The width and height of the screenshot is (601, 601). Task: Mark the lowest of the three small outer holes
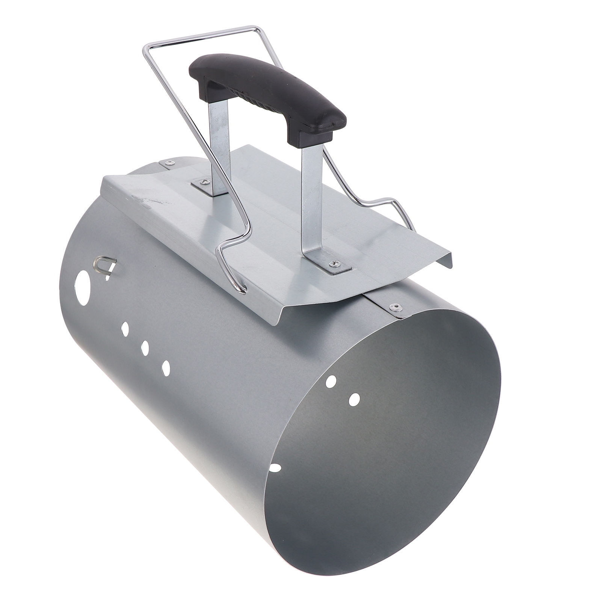point(166,367)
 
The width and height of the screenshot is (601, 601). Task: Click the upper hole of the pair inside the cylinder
point(331,382)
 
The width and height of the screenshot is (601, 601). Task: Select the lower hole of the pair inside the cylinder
point(354,399)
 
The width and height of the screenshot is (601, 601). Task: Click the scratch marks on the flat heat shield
point(150,201)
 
